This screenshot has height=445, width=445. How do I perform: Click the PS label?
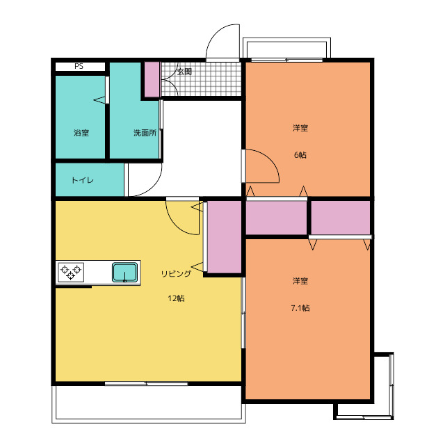tap(79, 67)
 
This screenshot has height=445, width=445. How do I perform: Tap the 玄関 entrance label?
tap(184, 72)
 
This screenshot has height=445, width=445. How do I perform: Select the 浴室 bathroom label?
tap(81, 133)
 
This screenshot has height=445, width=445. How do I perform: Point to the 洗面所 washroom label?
tap(145, 133)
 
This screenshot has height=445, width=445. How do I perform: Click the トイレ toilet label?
tap(83, 180)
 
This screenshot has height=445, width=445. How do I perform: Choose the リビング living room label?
tap(176, 274)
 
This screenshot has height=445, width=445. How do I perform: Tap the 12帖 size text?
tap(176, 298)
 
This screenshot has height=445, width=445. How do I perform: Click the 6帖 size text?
tap(300, 155)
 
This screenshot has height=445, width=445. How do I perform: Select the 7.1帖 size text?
tap(300, 308)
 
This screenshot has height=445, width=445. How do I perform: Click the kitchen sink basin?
tap(125, 273)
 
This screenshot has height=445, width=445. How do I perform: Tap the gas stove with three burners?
tap(71, 272)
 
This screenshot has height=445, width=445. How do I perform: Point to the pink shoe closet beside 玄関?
tap(152, 79)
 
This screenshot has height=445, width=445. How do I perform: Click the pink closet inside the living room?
tap(224, 237)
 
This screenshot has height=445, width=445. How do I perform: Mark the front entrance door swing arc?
tap(214, 33)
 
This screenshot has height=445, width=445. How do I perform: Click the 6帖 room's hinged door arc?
tap(270, 159)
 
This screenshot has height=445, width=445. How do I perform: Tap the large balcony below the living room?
tap(149, 404)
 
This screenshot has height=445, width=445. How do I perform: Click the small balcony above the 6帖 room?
tap(286, 48)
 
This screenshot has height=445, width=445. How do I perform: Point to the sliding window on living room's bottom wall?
tap(147, 384)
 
